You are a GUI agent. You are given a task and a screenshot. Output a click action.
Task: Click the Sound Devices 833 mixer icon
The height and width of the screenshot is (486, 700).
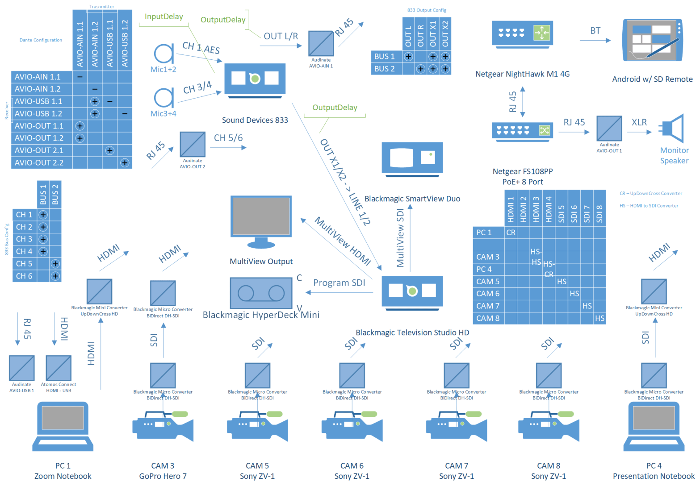255,79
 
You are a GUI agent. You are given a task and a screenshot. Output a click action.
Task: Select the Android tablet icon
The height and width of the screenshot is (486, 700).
652,41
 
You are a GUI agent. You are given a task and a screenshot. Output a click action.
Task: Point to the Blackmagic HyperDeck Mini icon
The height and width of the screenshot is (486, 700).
261,293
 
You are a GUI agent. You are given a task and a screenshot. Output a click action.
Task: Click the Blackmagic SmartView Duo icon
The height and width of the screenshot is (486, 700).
412,158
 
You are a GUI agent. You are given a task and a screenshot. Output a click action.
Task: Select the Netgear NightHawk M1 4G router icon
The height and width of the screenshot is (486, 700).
522,33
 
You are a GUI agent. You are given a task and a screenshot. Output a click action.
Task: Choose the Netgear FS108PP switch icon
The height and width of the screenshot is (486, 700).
522,131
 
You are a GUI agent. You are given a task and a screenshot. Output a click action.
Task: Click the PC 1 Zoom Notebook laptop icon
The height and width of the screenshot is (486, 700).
63,426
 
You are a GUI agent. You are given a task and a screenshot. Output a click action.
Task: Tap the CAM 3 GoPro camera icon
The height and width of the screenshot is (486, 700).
163,426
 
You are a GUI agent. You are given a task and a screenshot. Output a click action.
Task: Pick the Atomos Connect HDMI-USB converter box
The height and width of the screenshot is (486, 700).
59,368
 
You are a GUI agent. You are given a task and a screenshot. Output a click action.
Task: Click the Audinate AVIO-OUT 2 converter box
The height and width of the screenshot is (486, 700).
193,144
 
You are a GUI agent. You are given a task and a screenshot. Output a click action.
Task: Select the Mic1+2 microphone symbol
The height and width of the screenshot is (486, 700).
163,54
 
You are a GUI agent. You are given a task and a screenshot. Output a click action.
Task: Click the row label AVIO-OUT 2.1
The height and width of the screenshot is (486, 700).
39,150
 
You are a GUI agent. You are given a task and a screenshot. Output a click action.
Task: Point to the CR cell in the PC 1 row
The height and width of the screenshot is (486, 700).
511,233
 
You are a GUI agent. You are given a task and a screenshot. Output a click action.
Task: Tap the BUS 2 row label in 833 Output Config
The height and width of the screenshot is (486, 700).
385,69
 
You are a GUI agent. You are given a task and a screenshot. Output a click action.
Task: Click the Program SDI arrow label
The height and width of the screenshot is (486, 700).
339,283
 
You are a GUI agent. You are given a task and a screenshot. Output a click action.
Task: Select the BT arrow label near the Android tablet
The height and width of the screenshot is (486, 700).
595,31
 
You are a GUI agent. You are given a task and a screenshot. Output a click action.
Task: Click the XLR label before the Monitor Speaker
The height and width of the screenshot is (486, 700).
639,122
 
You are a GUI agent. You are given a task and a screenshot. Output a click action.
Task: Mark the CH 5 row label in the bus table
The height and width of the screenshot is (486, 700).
24,264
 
